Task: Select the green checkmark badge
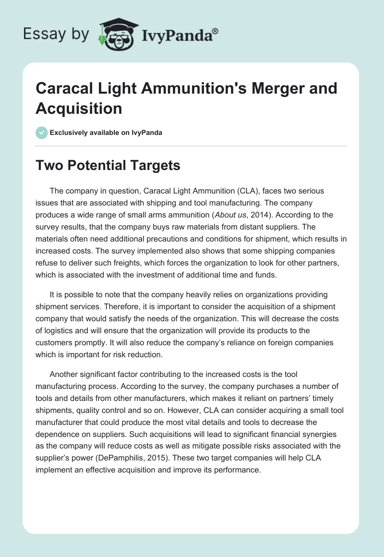pyautogui.click(x=41, y=133)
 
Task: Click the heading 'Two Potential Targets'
pyautogui.click(x=108, y=166)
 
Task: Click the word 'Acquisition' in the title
pyautogui.click(x=79, y=108)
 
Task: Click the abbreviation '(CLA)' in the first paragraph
pyautogui.click(x=235, y=191)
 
